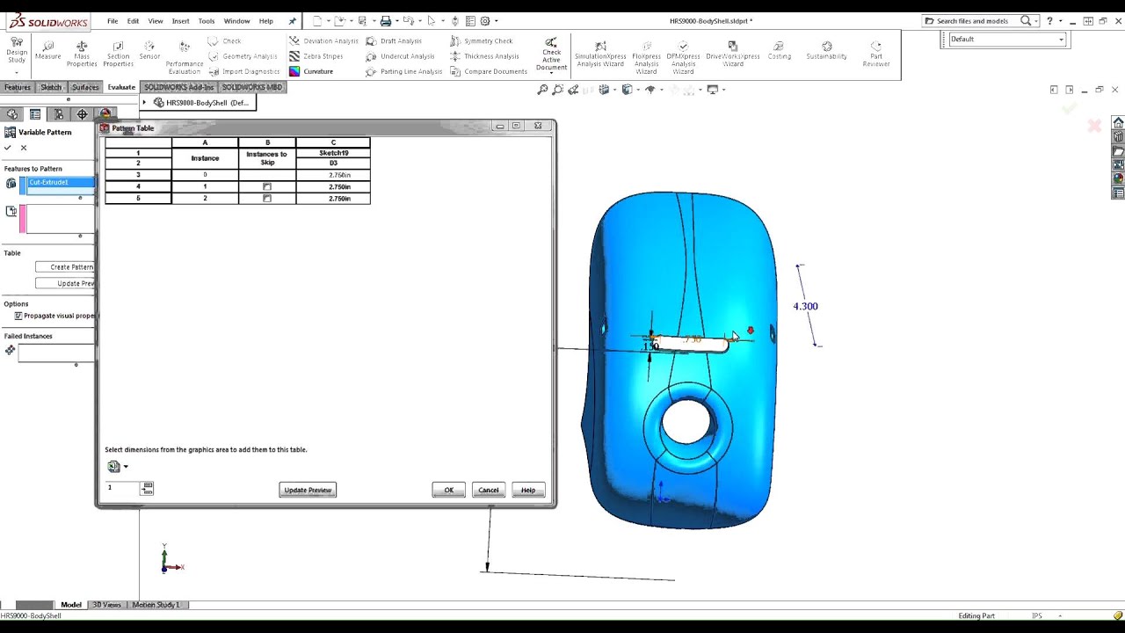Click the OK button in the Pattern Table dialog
coord(448,490)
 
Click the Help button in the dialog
coord(527,490)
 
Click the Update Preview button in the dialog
coord(308,490)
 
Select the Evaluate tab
coord(121,87)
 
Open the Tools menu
coord(206,21)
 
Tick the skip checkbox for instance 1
coord(267,187)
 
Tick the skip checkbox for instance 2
coord(267,199)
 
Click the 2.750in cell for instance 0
coord(333,175)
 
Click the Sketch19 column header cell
coord(333,153)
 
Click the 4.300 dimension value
coord(805,306)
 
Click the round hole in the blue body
coord(687,422)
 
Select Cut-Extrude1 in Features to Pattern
coord(58,182)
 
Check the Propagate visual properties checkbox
coord(18,316)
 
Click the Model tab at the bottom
coord(71,605)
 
